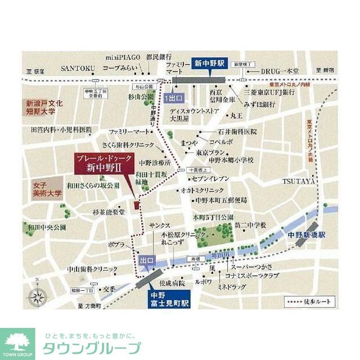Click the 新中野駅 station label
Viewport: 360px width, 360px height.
point(209,64)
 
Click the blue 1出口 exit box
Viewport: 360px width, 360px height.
point(173,98)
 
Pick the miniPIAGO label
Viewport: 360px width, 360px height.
point(121,57)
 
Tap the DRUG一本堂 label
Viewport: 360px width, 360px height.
point(280,71)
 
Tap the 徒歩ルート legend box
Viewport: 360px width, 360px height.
point(308,301)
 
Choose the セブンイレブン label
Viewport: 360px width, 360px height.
point(213,178)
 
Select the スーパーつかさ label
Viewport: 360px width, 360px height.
point(250,266)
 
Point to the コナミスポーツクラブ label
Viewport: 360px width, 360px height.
point(252,276)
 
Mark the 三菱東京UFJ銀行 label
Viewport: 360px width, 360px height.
point(269,91)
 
